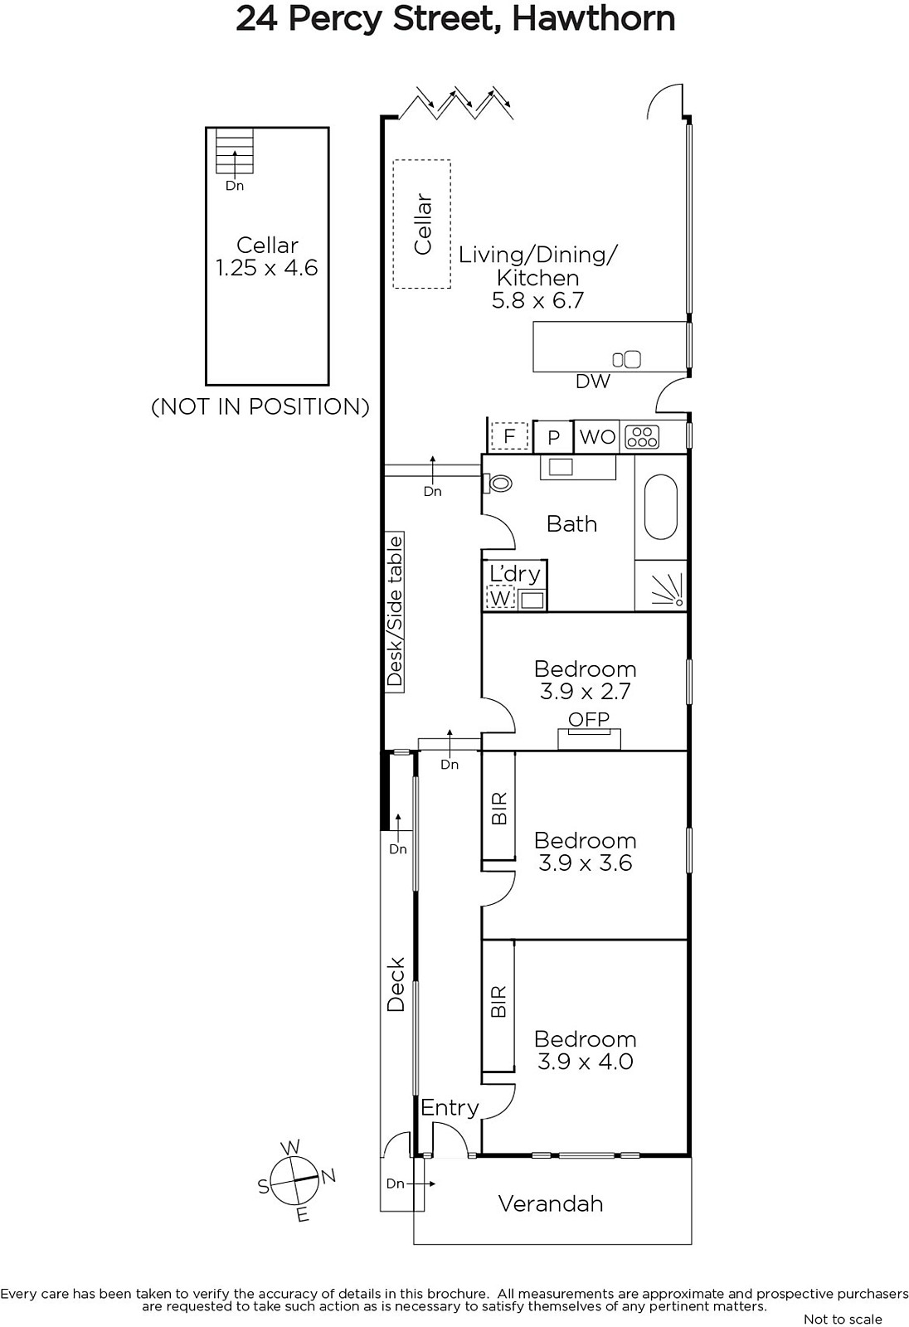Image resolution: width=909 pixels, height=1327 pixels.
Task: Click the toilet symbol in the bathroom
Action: (497, 483)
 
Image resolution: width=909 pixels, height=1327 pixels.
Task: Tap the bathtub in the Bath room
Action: (661, 508)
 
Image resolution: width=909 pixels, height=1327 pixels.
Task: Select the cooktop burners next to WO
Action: (642, 437)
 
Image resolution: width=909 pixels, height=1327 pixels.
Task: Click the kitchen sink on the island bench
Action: (627, 359)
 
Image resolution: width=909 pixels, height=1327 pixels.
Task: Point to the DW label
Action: (593, 382)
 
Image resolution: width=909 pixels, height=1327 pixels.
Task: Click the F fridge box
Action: (509, 436)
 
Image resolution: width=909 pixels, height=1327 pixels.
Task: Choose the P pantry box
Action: (553, 437)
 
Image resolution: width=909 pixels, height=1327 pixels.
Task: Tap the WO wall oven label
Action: (597, 437)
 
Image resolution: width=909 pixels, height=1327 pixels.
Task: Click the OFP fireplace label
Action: (588, 718)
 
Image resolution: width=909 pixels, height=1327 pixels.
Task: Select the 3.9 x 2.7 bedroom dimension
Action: (585, 692)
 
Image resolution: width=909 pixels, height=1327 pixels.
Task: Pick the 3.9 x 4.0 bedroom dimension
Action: (585, 1061)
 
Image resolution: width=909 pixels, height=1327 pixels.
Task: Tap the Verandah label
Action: (551, 1203)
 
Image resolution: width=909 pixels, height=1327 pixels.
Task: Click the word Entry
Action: (450, 1108)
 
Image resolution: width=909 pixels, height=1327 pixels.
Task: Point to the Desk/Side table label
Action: (395, 610)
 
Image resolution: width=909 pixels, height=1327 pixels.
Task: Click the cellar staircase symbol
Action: (235, 152)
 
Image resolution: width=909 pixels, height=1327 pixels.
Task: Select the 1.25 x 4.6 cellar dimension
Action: (267, 268)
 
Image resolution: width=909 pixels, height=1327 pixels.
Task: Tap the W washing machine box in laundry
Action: (500, 598)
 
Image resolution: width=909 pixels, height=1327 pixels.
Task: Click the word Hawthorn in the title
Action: (593, 18)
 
